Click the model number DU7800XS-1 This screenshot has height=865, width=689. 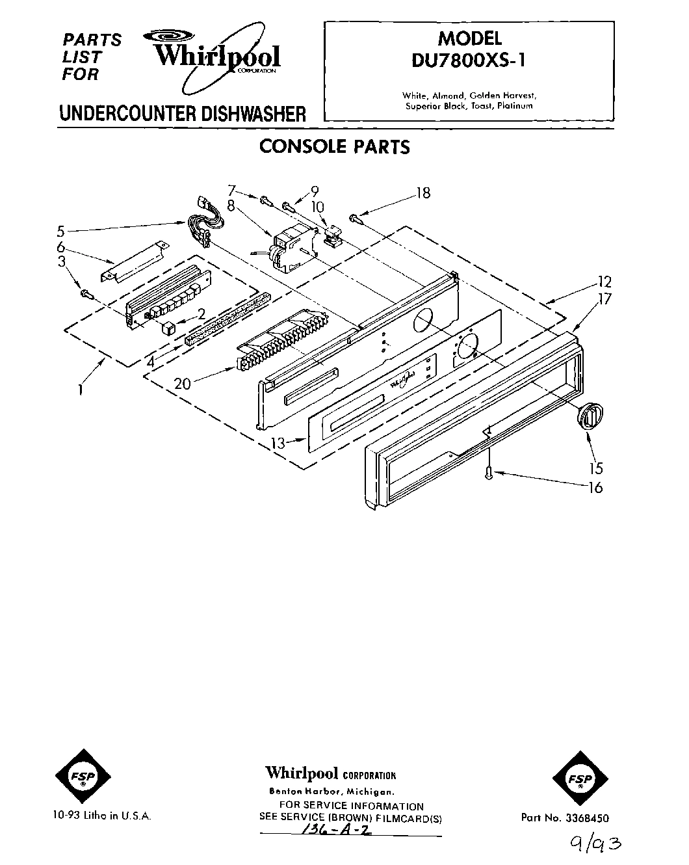pos(468,60)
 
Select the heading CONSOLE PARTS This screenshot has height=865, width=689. pos(334,147)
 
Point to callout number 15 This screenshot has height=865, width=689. pos(595,468)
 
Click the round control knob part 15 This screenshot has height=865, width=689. pos(590,415)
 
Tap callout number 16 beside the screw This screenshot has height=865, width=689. pos(595,487)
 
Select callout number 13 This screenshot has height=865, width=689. pos(278,443)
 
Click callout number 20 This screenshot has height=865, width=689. pos(182,384)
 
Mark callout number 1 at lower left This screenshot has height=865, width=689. pos(80,390)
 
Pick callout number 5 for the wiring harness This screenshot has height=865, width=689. pos(60,230)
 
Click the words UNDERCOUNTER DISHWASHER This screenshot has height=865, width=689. pos(182,114)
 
